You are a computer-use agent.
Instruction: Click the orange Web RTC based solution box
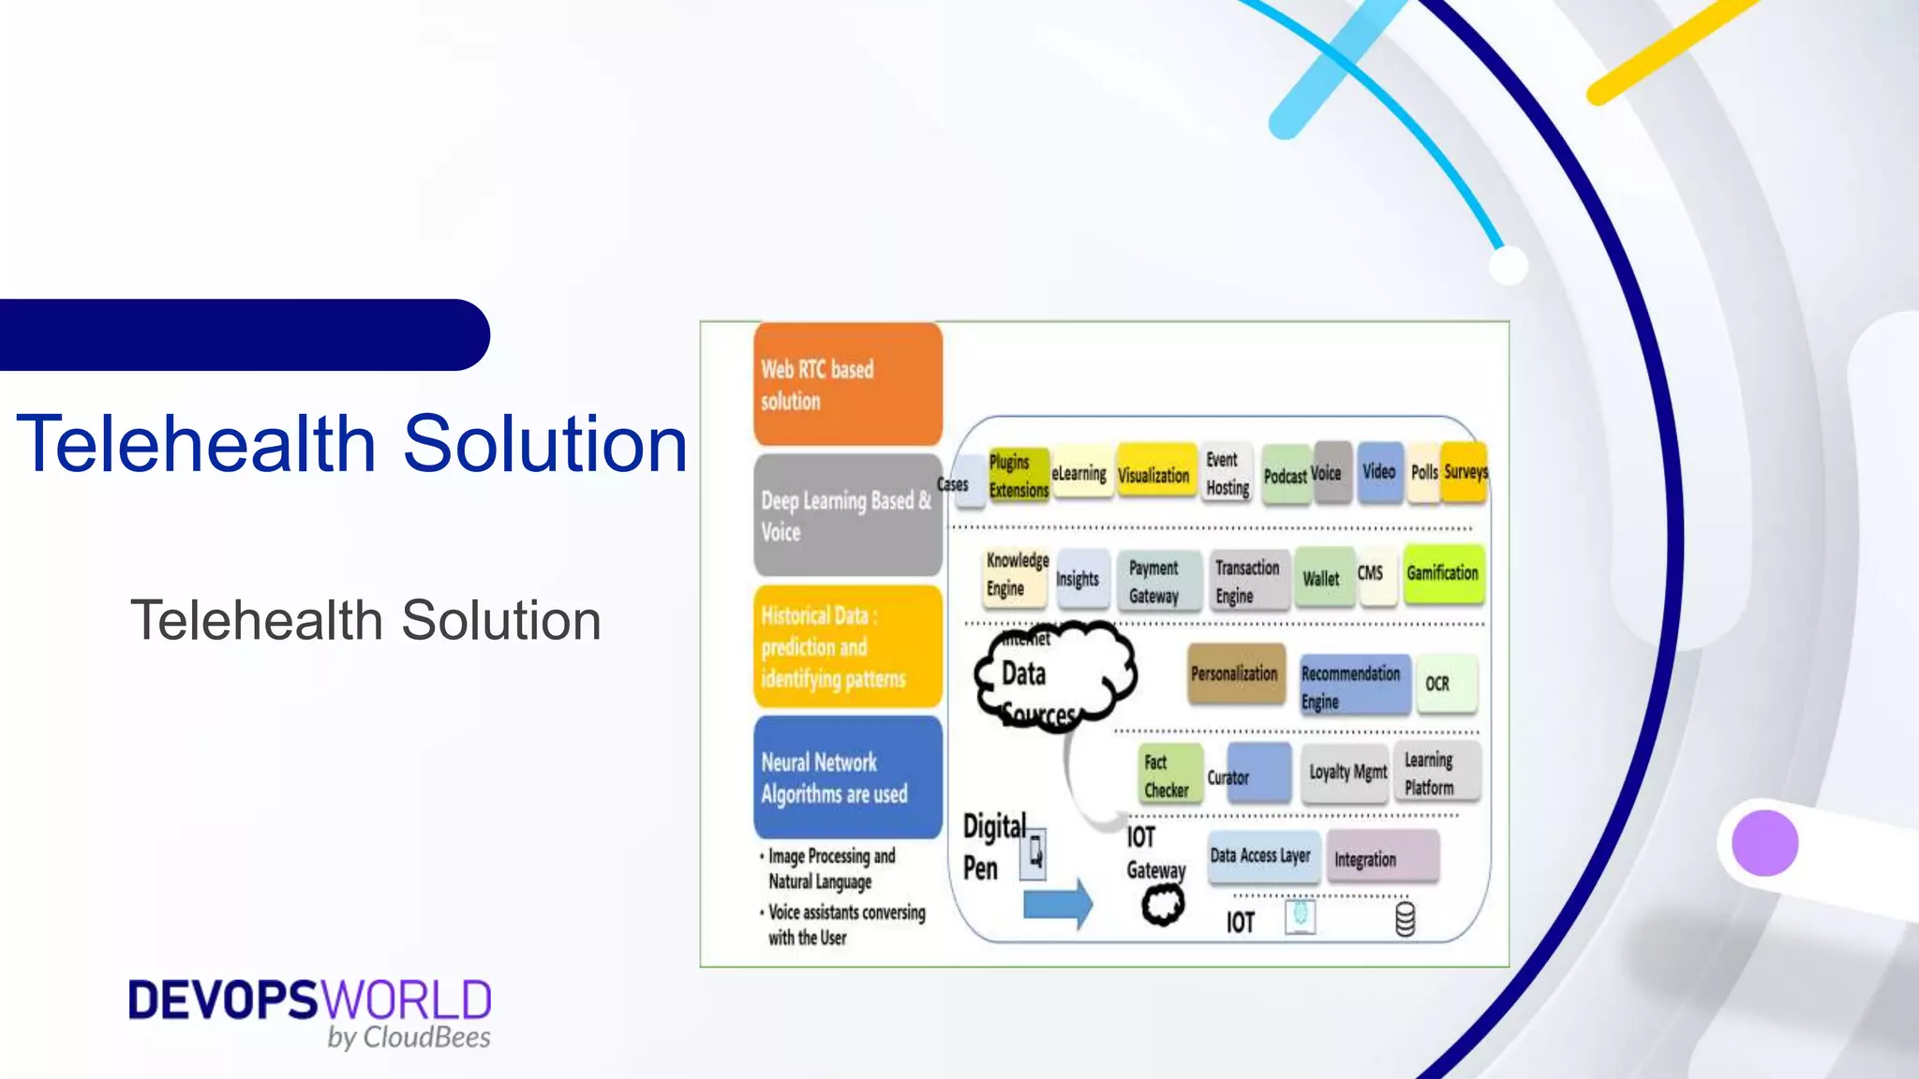(x=847, y=384)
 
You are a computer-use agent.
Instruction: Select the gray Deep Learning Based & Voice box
(x=847, y=515)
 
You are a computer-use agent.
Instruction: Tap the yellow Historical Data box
(x=847, y=646)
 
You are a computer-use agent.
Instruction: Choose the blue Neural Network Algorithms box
(x=847, y=777)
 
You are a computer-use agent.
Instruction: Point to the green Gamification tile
(x=1443, y=573)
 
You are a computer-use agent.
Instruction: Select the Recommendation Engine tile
(x=1353, y=686)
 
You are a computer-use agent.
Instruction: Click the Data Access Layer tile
(x=1262, y=856)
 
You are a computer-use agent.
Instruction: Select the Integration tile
(x=1381, y=858)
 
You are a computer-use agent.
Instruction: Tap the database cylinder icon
(x=1405, y=920)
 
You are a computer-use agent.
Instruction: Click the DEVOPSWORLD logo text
(x=309, y=1000)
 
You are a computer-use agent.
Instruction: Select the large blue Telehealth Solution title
(x=352, y=444)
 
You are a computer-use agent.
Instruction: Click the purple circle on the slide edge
(x=1764, y=843)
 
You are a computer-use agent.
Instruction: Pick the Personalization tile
(x=1235, y=673)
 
